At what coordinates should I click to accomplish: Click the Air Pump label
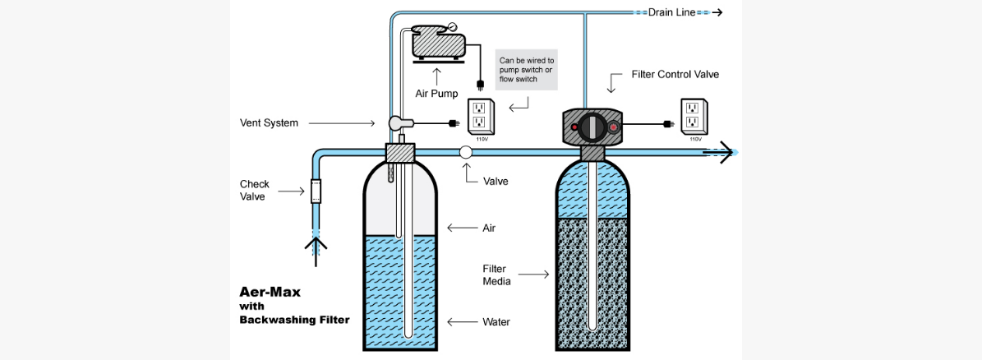coord(436,94)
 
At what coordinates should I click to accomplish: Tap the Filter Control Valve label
coord(675,75)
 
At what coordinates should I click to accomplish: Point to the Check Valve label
coord(255,190)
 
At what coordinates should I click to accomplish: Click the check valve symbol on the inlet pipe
coord(315,192)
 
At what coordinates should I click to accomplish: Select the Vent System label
coord(264,123)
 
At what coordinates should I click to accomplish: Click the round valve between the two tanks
coord(466,152)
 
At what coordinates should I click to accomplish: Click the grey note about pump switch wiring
coord(527,70)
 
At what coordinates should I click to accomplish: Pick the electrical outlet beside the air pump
coord(479,116)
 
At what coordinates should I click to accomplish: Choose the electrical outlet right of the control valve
coord(694,116)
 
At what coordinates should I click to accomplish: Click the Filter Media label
coord(496,275)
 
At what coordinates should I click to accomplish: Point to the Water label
coord(496,321)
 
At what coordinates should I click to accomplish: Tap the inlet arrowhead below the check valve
coord(315,244)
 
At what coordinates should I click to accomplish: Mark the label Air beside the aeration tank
coord(489,228)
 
